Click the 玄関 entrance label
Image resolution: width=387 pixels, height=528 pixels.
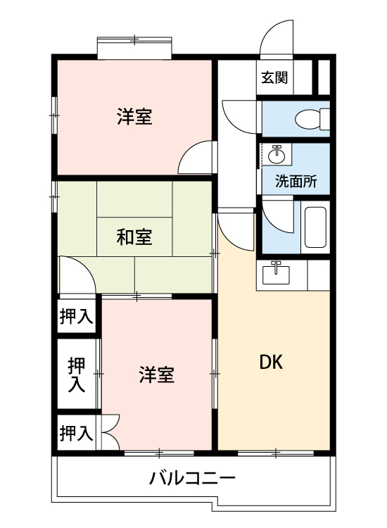(274, 77)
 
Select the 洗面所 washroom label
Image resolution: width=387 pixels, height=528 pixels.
(296, 181)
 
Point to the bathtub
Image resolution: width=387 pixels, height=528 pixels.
(314, 227)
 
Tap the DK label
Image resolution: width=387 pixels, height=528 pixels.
(271, 363)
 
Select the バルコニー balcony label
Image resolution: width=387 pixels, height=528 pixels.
(192, 480)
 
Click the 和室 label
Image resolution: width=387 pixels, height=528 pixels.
(134, 237)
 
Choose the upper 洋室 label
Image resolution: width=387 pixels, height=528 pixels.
(134, 117)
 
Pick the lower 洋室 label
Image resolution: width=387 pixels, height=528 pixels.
(156, 375)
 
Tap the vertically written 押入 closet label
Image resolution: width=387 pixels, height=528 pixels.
(76, 375)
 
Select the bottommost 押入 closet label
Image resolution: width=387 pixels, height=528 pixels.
(75, 432)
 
